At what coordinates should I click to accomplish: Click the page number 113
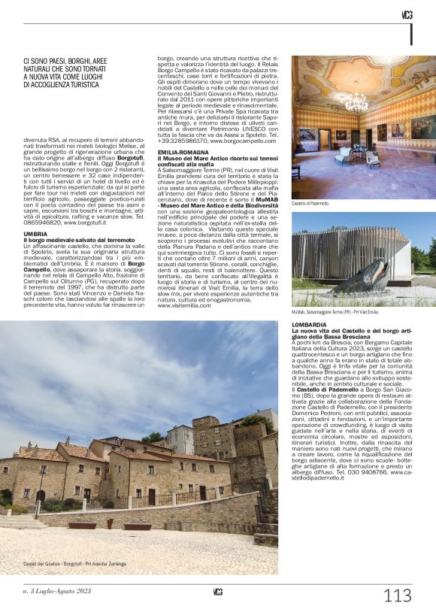click(x=397, y=596)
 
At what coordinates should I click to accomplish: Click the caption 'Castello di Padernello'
click(x=310, y=203)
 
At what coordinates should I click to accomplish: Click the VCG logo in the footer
click(x=217, y=592)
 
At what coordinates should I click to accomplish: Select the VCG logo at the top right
click(x=407, y=14)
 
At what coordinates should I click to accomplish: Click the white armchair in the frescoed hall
click(x=373, y=159)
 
